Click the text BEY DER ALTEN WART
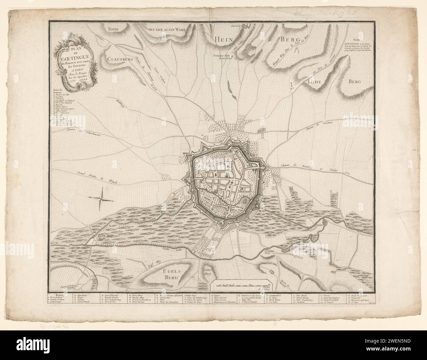point(167,29)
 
